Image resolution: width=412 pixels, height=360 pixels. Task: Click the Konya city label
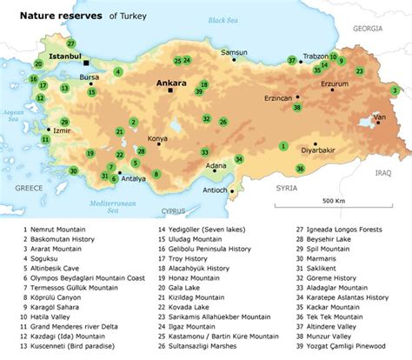(x=157, y=138)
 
